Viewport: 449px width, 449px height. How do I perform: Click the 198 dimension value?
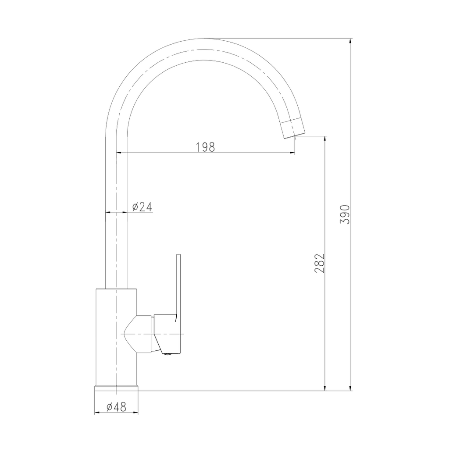[205, 147]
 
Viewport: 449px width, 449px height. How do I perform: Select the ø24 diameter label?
[142, 207]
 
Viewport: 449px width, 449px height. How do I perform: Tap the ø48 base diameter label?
[116, 407]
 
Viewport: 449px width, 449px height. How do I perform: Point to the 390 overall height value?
[346, 214]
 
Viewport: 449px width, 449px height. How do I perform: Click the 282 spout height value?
[320, 263]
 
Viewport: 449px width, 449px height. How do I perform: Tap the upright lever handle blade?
[178, 285]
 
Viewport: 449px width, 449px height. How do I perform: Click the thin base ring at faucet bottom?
[116, 387]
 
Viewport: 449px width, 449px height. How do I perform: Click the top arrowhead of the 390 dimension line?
[350, 42]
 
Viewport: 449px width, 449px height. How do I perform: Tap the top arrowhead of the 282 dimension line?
[324, 139]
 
